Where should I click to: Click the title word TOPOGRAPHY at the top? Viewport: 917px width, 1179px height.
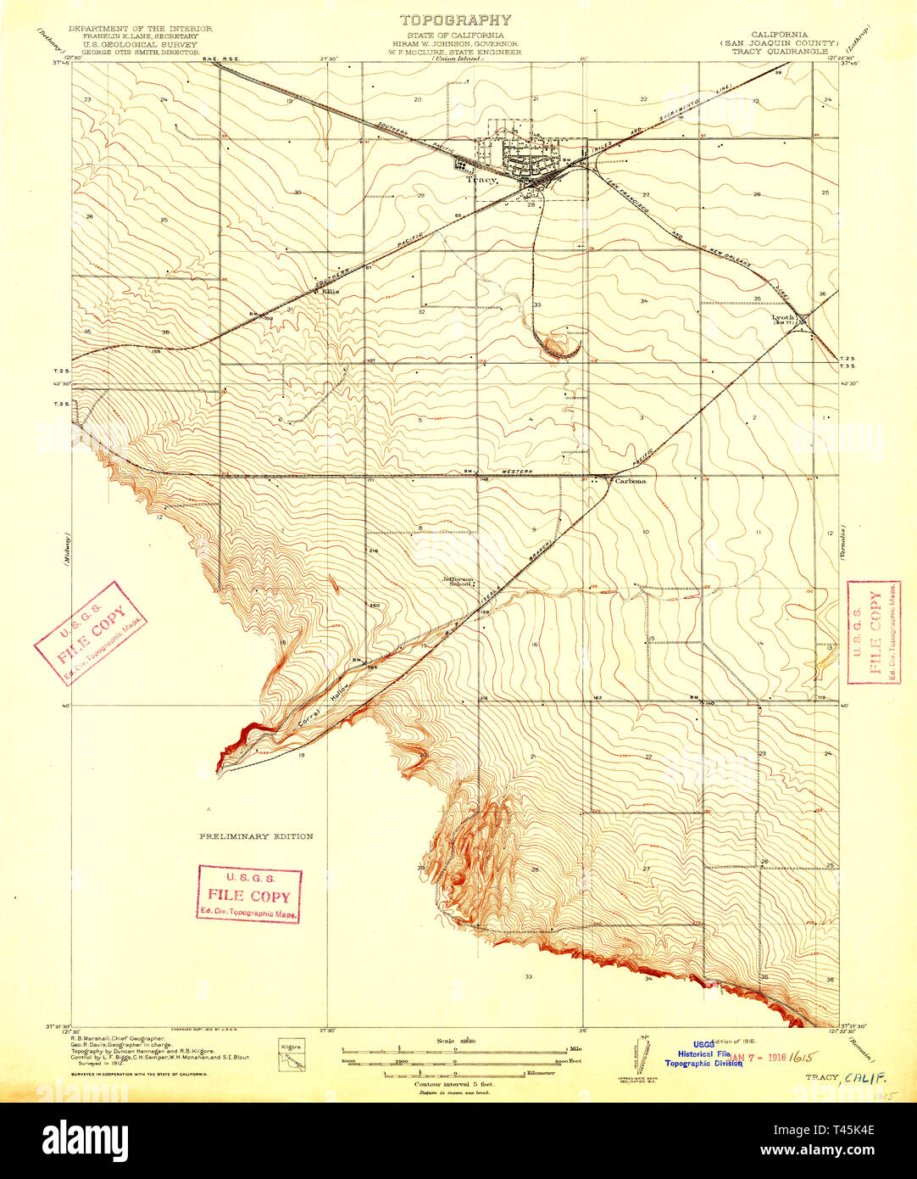pyautogui.click(x=455, y=20)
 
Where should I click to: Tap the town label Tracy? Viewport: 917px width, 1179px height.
pyautogui.click(x=480, y=180)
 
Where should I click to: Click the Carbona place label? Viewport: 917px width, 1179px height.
pyautogui.click(x=630, y=481)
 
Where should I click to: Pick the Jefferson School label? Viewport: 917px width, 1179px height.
pyautogui.click(x=459, y=582)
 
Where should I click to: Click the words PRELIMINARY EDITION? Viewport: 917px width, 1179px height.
pyautogui.click(x=256, y=836)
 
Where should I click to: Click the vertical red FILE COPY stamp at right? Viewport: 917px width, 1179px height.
pyautogui.click(x=874, y=632)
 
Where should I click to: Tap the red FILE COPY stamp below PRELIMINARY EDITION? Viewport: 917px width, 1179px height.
pyautogui.click(x=249, y=894)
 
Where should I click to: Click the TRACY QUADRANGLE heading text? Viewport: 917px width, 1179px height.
pyautogui.click(x=785, y=51)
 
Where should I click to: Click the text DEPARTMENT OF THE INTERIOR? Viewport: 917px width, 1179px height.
pyautogui.click(x=140, y=28)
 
